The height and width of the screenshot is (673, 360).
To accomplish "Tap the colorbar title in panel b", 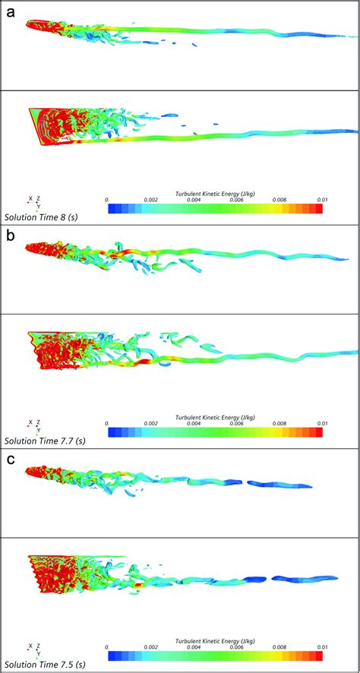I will (x=215, y=418).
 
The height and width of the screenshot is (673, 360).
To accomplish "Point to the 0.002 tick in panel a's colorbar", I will (x=151, y=201).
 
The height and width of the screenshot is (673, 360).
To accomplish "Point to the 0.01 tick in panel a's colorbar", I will (x=322, y=201).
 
